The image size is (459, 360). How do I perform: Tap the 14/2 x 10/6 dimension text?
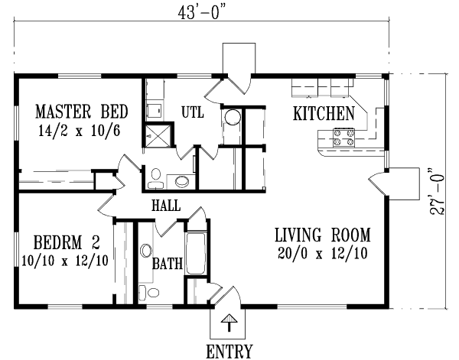click(x=76, y=130)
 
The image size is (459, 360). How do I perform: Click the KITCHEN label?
click(x=324, y=114)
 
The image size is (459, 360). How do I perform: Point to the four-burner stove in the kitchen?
click(x=343, y=138)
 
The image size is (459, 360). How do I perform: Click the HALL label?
click(x=166, y=205)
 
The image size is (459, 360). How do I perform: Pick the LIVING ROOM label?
click(x=323, y=235)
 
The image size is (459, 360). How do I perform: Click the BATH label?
click(x=167, y=264)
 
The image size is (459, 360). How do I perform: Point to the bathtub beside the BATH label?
click(x=197, y=254)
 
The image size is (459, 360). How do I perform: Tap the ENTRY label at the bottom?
click(x=229, y=352)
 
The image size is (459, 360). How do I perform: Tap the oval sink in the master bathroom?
click(x=182, y=181)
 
